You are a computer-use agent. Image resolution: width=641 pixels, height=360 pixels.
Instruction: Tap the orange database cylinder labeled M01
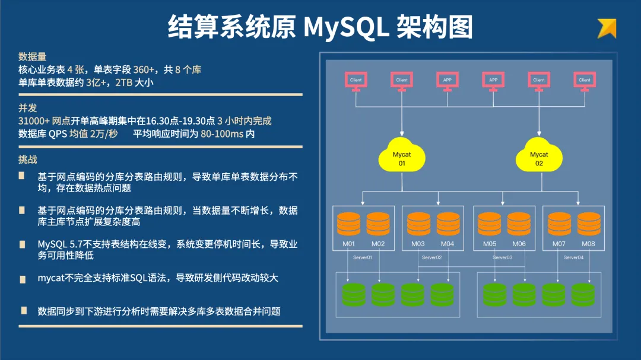349,224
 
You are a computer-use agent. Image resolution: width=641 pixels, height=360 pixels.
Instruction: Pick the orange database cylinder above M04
448,224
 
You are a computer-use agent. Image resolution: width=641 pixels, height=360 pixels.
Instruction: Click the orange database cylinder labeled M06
519,224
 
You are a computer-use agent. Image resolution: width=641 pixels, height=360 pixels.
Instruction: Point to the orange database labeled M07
559,224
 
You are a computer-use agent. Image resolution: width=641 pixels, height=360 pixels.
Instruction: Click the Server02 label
431,257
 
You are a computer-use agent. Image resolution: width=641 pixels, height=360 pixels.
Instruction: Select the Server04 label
573,257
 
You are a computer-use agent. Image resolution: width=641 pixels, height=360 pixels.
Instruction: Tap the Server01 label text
361,257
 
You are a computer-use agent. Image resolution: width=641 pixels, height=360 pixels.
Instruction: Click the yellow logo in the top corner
607,28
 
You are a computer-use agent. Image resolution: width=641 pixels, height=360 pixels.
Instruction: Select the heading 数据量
32,57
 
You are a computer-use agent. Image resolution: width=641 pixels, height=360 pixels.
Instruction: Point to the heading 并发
27,108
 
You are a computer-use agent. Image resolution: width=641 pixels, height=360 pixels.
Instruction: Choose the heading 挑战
27,160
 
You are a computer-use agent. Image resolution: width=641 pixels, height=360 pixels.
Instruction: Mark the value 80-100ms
222,134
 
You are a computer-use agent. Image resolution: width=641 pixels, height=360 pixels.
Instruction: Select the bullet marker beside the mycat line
22,278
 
